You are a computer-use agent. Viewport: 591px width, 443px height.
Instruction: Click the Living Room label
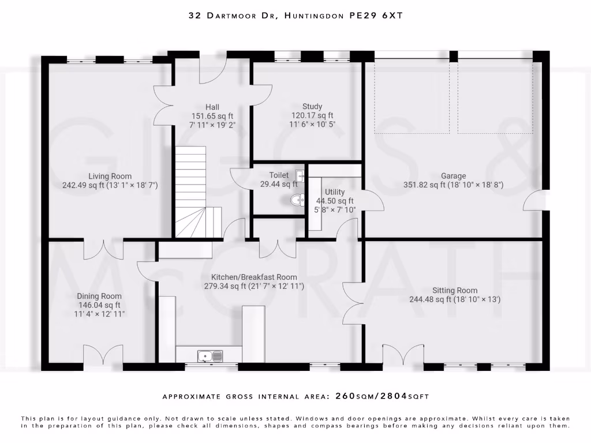pos(110,177)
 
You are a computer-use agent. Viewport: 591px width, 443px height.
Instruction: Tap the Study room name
pos(312,106)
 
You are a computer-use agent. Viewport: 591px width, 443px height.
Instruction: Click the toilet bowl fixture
pos(297,200)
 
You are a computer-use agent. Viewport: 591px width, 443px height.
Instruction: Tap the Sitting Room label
pos(455,291)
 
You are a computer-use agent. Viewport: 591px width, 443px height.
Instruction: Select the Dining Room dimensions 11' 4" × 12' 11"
pos(100,314)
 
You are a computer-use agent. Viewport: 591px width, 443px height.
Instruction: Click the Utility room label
pos(335,192)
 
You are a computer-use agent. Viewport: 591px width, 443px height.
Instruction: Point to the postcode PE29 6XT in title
pos(376,16)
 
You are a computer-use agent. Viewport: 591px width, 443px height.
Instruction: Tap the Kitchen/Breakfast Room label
pos(254,277)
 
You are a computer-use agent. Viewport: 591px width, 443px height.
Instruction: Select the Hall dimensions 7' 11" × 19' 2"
pos(212,125)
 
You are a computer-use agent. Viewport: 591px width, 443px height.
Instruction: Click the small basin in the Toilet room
pos(300,175)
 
